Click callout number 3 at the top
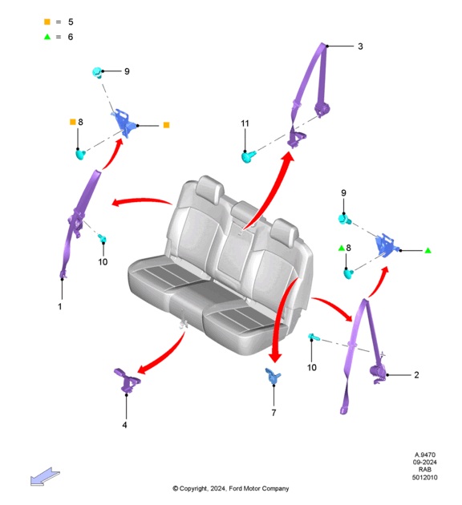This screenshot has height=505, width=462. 360,46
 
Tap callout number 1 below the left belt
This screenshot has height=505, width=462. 60,306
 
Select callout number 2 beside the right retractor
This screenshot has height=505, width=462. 416,375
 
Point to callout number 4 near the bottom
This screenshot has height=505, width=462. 124,425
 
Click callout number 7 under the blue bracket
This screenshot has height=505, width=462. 274,413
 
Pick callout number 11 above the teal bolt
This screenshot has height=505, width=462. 245,123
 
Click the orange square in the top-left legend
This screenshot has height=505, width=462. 47,22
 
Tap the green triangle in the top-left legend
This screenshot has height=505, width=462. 47,37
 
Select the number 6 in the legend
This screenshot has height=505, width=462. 71,37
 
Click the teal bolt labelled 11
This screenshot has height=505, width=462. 249,156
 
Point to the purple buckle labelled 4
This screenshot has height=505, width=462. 127,380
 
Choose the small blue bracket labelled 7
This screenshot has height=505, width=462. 273,376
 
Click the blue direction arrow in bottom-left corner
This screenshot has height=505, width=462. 45,477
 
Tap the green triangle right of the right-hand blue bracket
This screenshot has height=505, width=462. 428,250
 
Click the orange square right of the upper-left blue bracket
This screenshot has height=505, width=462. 166,125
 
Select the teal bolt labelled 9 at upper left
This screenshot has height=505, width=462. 97,72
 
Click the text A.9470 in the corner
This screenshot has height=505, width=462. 424,454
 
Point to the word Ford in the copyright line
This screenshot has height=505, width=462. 235,489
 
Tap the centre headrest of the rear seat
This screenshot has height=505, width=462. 244,211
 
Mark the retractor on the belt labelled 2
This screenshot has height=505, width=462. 378,374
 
